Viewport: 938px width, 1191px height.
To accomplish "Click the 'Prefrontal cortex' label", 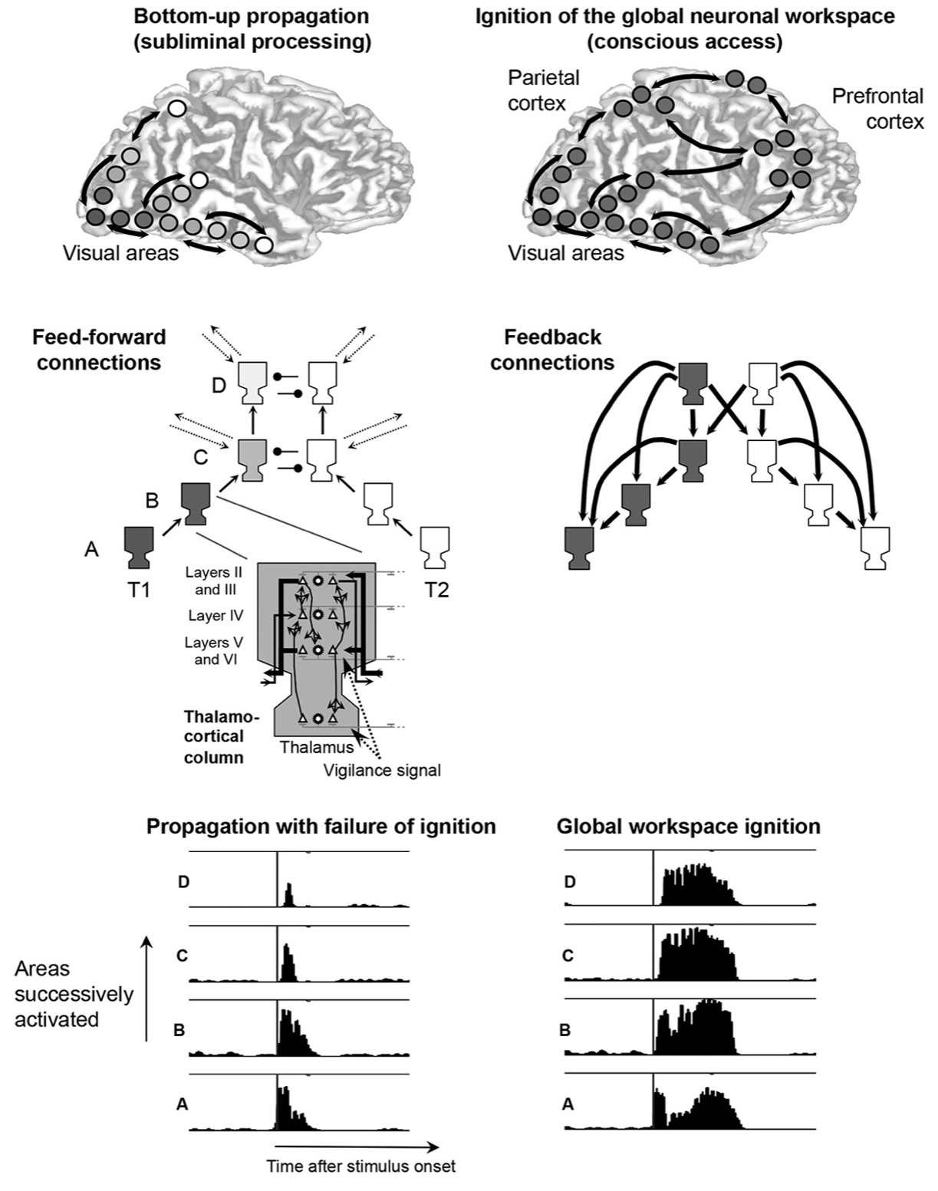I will tap(877, 109).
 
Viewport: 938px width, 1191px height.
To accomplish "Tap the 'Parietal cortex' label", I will tap(544, 90).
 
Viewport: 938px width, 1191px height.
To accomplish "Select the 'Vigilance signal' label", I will tap(382, 770).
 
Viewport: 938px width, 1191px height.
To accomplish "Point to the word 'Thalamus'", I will tap(317, 747).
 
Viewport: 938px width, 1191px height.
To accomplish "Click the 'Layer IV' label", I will tap(216, 615).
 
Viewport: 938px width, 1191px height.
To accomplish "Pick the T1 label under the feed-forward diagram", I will tap(139, 589).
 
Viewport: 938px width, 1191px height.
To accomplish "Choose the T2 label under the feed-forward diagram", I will tap(436, 589).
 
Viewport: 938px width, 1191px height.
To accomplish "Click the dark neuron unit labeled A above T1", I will tap(140, 547).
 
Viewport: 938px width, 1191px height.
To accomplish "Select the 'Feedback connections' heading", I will tap(552, 350).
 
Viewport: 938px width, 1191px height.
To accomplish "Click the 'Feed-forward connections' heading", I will tap(99, 350).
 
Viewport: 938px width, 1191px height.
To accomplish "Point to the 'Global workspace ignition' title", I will tap(688, 826).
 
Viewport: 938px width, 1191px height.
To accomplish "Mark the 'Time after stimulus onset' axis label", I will tap(360, 1166).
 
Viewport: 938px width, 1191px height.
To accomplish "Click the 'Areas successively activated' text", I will tap(74, 994).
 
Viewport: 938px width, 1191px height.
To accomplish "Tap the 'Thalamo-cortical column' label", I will tap(214, 736).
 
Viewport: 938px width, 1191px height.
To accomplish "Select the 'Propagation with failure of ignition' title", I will tap(321, 826).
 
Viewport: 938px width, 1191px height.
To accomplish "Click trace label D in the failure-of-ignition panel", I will tap(183, 882).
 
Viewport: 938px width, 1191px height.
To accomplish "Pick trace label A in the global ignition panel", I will tap(568, 1104).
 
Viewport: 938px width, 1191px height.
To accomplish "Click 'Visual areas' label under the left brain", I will tap(120, 252).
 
